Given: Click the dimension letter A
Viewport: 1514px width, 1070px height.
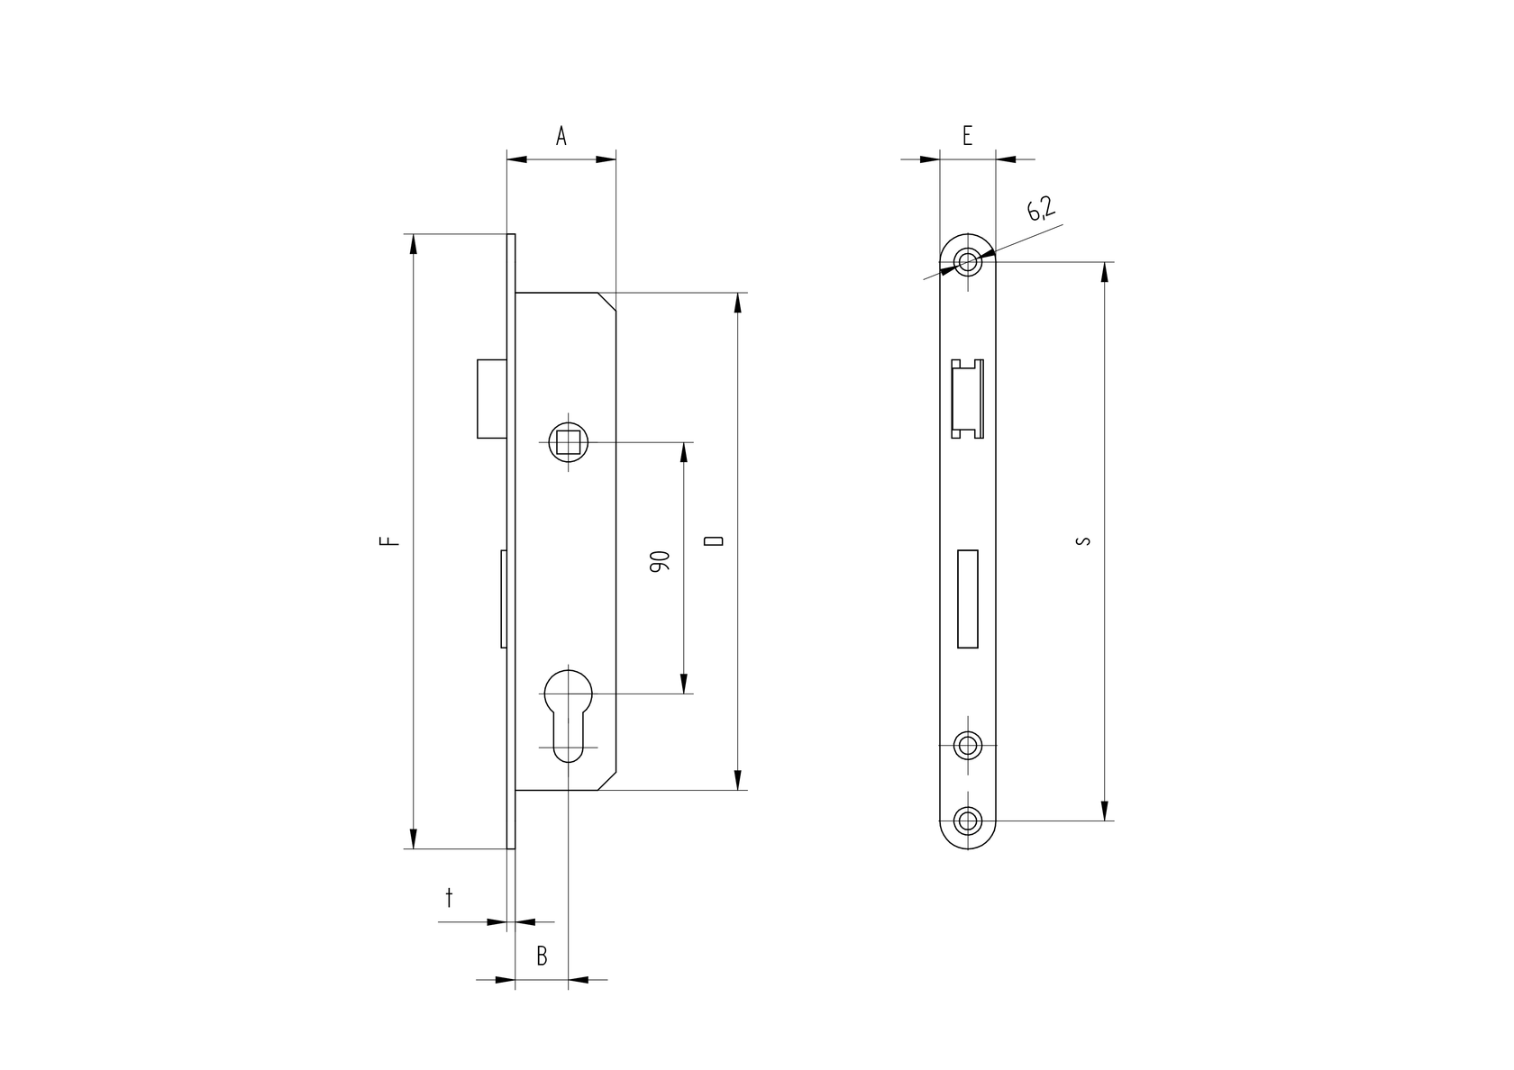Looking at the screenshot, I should click(x=561, y=136).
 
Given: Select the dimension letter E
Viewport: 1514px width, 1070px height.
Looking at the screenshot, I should click(x=967, y=136).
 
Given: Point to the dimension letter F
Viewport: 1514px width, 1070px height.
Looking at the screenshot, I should click(x=388, y=541).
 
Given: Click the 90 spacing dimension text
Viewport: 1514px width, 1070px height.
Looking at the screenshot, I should click(x=659, y=563).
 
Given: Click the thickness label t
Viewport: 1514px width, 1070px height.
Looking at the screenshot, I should click(x=449, y=897).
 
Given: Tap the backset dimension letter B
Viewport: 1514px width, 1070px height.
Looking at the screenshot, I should click(x=542, y=956).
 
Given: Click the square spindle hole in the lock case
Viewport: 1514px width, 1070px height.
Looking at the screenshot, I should click(x=569, y=442).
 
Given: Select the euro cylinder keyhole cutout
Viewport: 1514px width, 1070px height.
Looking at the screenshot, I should click(x=569, y=712).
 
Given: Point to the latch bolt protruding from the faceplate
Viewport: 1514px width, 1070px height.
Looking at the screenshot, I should click(x=491, y=398).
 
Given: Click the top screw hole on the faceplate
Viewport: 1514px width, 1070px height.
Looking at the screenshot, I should click(x=969, y=262).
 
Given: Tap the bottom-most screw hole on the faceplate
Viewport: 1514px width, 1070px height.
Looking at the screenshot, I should click(x=969, y=821).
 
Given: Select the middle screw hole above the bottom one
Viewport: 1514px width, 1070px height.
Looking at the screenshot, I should click(x=969, y=745).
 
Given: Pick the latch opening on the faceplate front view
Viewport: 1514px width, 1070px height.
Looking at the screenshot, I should click(x=968, y=398).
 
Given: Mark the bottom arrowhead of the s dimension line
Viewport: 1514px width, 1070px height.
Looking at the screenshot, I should click(x=1105, y=810).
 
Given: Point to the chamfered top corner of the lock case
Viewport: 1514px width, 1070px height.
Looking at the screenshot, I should click(x=608, y=301).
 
